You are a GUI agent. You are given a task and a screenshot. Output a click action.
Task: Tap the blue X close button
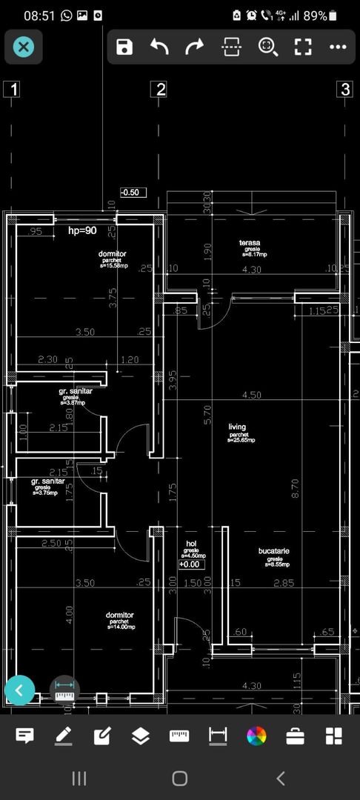[x=24, y=47]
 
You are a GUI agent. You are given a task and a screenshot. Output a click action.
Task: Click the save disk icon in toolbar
[x=124, y=47]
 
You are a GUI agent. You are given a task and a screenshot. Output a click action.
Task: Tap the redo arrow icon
[x=194, y=47]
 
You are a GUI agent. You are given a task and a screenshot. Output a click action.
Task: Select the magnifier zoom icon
[x=267, y=47]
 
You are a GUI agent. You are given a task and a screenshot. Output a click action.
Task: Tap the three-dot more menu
[x=338, y=47]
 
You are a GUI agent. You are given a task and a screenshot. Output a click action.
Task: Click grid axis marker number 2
[x=159, y=90]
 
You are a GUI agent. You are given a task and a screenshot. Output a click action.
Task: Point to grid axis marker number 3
[x=344, y=90]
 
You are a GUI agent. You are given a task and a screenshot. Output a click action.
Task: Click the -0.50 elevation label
[x=133, y=193]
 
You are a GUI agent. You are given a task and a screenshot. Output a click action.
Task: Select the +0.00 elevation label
[x=191, y=564]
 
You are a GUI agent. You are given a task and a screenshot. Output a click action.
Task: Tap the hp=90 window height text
[x=83, y=231]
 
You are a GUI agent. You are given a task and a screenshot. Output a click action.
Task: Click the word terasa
[x=249, y=243]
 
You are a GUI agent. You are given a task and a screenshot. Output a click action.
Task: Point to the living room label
[x=237, y=427]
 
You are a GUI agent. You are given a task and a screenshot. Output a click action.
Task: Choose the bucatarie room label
[x=274, y=551]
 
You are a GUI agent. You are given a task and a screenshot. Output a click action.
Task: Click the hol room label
[x=191, y=544]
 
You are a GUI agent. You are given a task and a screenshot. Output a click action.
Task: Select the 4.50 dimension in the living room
[x=251, y=395]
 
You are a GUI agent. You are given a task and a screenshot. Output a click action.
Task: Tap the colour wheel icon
[x=256, y=736]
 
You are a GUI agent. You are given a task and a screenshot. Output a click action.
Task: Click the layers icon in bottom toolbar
[x=140, y=736]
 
